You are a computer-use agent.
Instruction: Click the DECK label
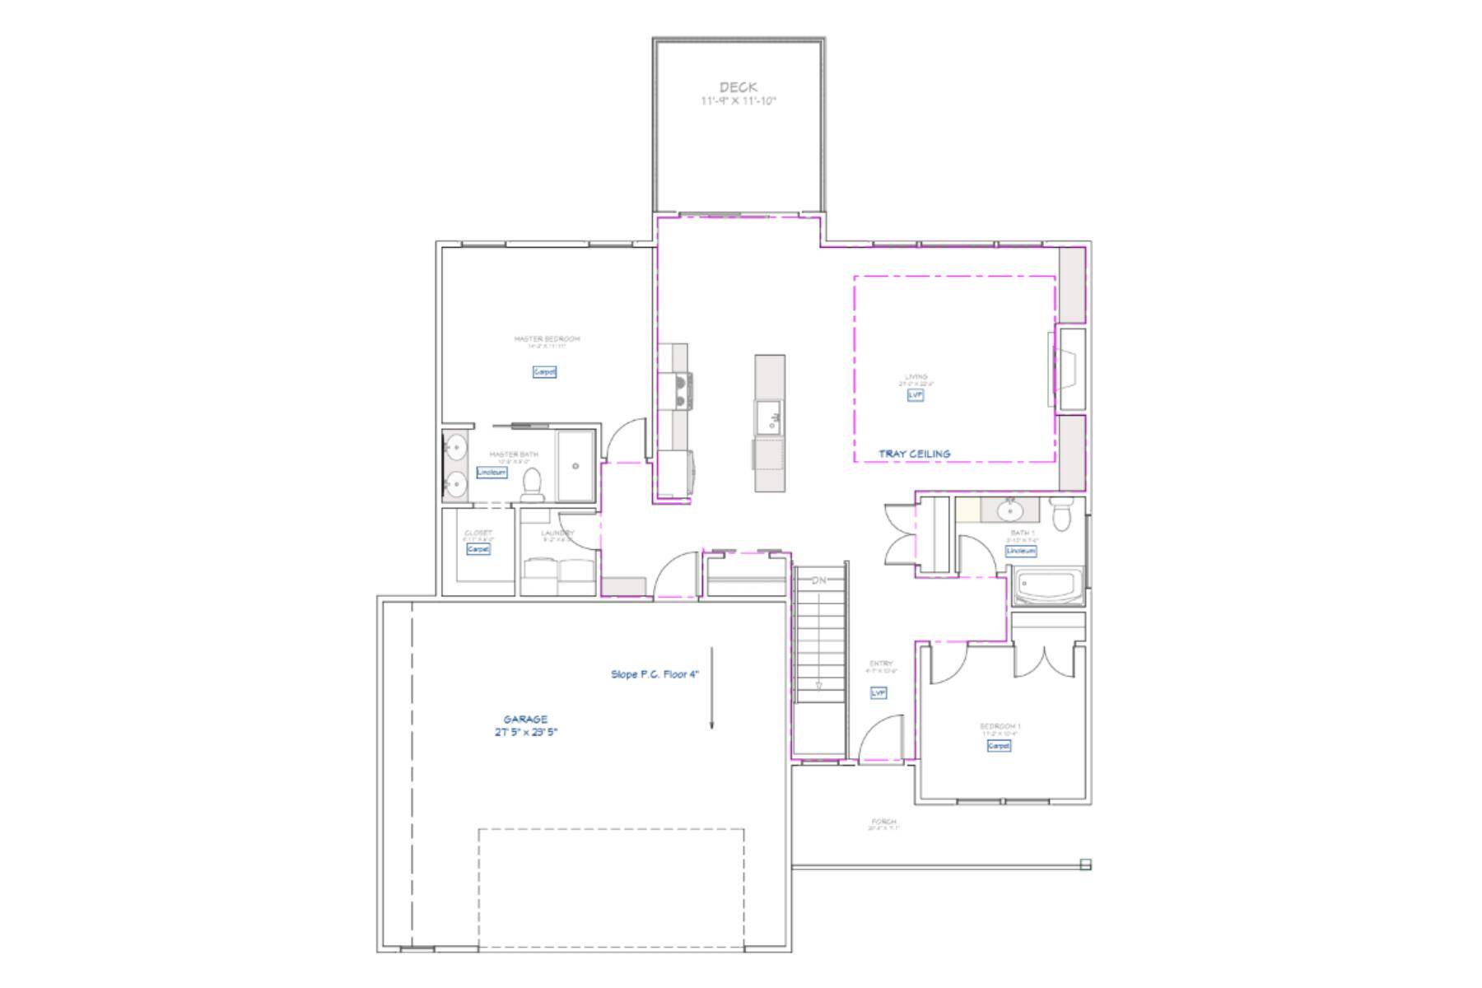[x=739, y=87]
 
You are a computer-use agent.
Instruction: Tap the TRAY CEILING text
[x=914, y=454]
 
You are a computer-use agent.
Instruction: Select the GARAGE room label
[x=525, y=719]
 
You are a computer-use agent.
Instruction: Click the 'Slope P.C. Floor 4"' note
[x=655, y=674]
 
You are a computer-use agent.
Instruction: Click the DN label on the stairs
[x=818, y=580]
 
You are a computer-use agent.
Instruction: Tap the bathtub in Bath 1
[x=1047, y=588]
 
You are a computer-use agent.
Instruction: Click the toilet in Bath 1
[x=1062, y=515]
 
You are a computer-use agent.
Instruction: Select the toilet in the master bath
[x=533, y=485]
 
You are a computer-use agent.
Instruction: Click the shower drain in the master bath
[x=576, y=466]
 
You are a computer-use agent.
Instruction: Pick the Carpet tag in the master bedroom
[x=544, y=372]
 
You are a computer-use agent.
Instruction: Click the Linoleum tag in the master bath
[x=492, y=473]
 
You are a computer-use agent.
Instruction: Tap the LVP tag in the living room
[x=916, y=395]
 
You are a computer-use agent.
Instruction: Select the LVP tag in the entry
[x=878, y=693]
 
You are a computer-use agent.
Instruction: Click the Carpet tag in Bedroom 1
[x=998, y=745]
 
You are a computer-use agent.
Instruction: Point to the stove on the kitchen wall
[x=683, y=391]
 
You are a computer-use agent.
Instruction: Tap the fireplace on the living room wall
[x=1068, y=370]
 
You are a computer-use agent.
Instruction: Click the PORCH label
[x=883, y=822]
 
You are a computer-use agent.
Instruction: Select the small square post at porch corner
[x=1085, y=864]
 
